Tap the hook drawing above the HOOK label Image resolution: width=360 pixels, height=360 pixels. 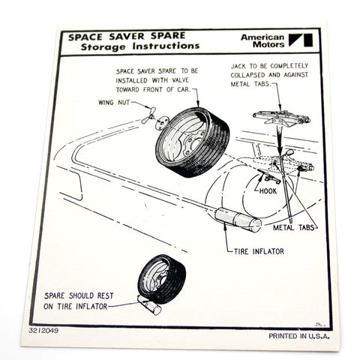[x=266, y=177]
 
